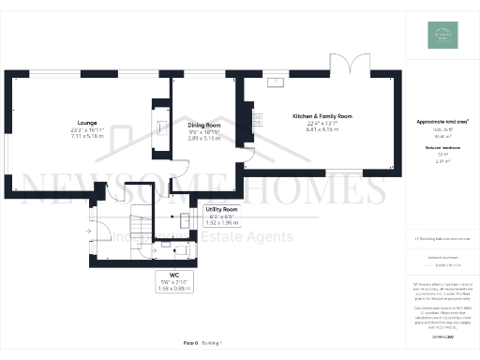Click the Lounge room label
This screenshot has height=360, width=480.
click(88, 122)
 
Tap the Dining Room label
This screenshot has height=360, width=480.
click(203, 125)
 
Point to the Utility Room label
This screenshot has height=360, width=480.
click(217, 210)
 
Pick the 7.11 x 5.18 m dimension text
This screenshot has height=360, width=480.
click(88, 136)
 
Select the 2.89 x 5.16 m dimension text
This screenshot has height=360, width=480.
click(203, 138)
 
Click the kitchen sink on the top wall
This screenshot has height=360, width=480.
click(278, 82)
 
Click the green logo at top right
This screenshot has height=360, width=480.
click(441, 35)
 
